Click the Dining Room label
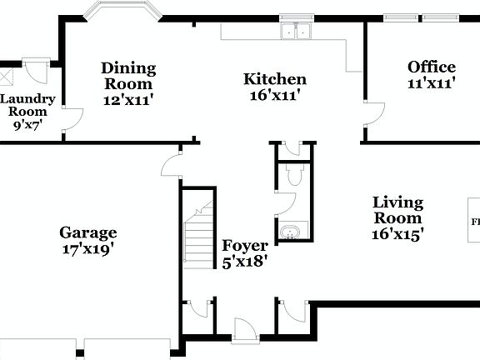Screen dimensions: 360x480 pyautogui.click(x=128, y=76)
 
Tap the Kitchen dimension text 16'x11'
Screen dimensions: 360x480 pyautogui.click(x=275, y=96)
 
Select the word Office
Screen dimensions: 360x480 pyautogui.click(x=431, y=67)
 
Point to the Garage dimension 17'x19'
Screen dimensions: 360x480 pyautogui.click(x=87, y=248)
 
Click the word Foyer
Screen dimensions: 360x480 pyautogui.click(x=244, y=246)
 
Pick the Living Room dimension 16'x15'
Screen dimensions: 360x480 pyautogui.click(x=397, y=234)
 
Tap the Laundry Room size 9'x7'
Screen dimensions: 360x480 pyautogui.click(x=26, y=125)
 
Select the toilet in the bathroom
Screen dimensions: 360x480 pyautogui.click(x=292, y=174)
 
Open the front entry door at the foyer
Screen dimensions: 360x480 pyautogui.click(x=245, y=330)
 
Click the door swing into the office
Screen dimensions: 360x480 pyautogui.click(x=372, y=116)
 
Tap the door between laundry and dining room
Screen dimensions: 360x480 pyautogui.click(x=72, y=120)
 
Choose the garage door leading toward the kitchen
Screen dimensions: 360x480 pyautogui.click(x=172, y=163)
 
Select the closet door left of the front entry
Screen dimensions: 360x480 pyautogui.click(x=197, y=309)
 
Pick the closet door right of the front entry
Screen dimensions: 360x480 pyautogui.click(x=292, y=309)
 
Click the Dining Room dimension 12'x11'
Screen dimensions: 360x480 pyautogui.click(x=128, y=99)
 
